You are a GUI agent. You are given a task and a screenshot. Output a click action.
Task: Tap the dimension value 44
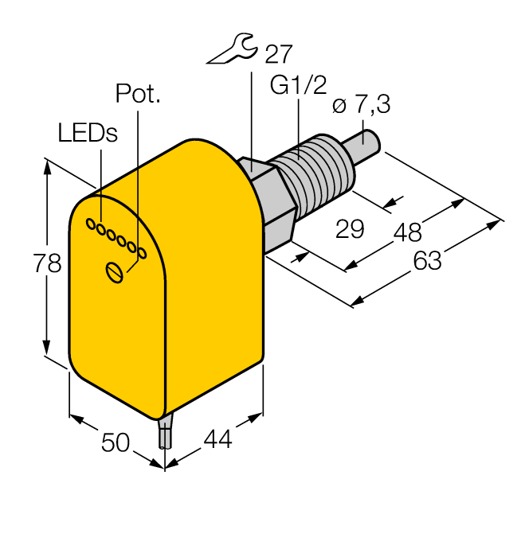[217, 438]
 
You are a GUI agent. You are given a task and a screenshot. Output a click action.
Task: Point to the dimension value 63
[427, 259]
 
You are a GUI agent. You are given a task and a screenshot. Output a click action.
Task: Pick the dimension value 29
[350, 229]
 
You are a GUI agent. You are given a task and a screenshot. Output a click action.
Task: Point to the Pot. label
[138, 94]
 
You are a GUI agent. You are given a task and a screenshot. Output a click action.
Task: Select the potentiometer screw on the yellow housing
[115, 272]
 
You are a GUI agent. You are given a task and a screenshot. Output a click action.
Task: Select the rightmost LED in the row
[143, 253]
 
